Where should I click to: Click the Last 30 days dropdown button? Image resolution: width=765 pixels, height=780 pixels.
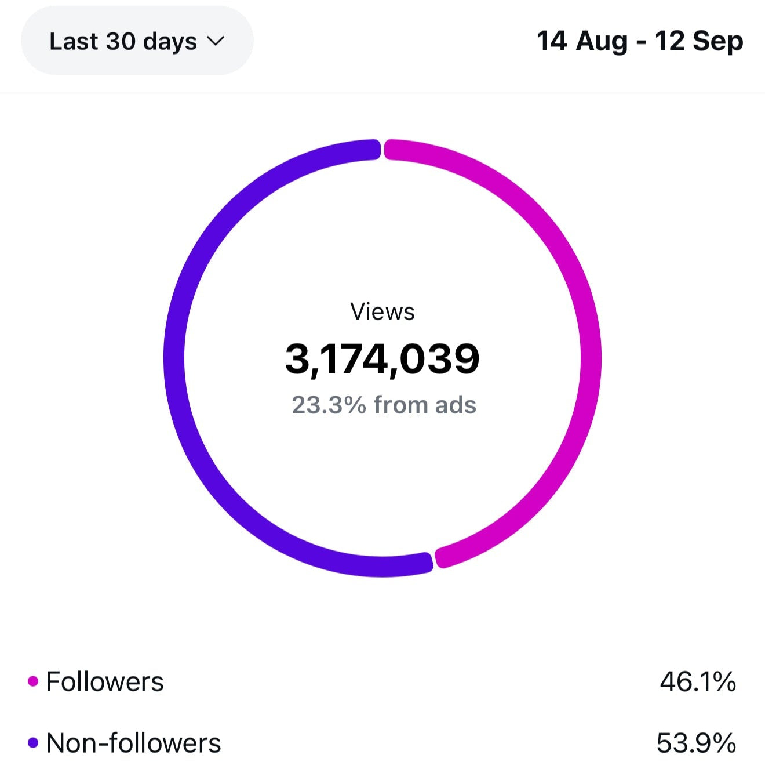(x=137, y=41)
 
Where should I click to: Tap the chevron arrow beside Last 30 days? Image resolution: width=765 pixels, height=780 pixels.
(x=216, y=41)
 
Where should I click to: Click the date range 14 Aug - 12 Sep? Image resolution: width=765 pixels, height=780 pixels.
(x=640, y=41)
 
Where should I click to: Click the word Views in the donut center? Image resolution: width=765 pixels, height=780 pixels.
(x=382, y=312)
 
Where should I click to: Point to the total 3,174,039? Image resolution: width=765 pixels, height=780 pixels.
(x=382, y=358)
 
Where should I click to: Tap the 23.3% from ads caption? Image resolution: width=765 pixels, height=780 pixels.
(x=384, y=405)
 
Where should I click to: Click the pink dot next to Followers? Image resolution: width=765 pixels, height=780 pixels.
(x=33, y=681)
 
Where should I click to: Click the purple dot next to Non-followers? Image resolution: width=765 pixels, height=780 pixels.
(x=33, y=742)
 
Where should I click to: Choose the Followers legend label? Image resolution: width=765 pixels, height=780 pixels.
(x=105, y=681)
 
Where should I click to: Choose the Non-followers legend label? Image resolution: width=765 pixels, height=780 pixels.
(x=133, y=743)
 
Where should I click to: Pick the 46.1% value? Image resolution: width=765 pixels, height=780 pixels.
(x=698, y=681)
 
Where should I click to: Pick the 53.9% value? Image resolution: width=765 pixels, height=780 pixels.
(x=696, y=743)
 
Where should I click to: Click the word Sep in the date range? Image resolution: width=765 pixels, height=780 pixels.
(x=718, y=41)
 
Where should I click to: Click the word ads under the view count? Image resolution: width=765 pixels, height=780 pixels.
(x=456, y=405)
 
